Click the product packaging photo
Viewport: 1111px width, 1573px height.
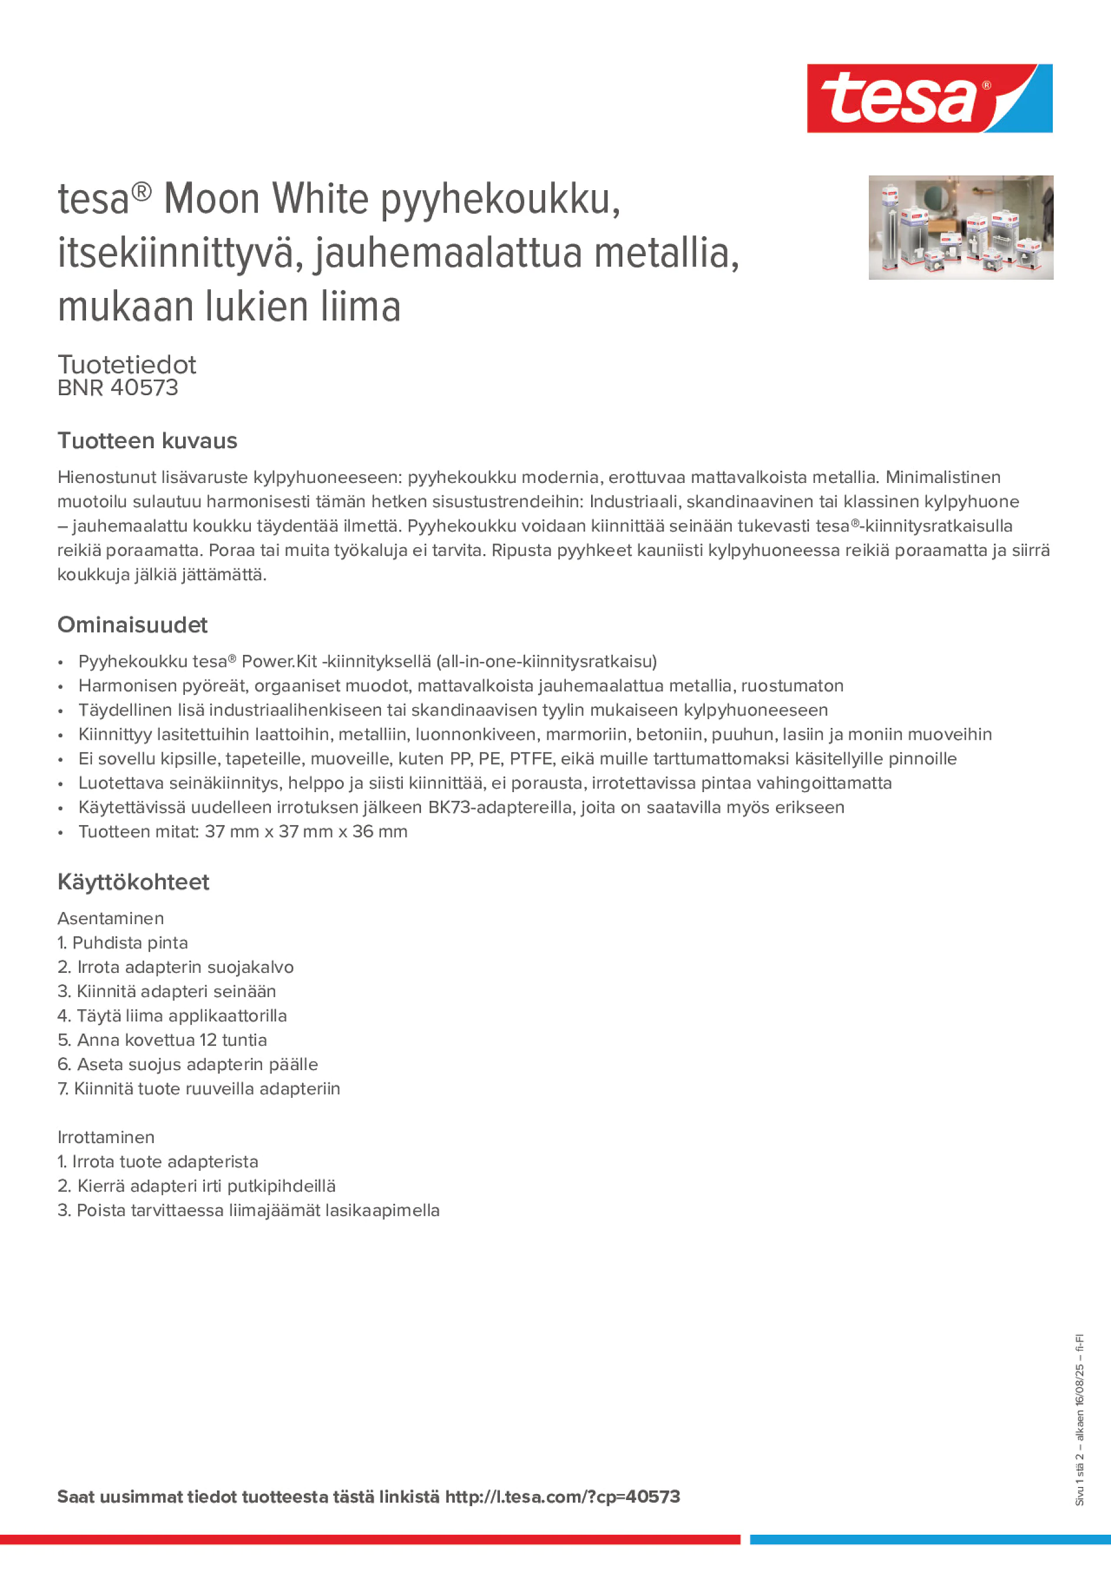click(x=960, y=227)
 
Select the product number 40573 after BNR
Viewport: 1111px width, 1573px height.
click(x=144, y=388)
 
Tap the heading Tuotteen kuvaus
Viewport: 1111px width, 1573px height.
click(x=147, y=441)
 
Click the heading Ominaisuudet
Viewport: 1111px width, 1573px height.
click(x=132, y=625)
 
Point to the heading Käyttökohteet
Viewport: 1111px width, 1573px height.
click(x=133, y=882)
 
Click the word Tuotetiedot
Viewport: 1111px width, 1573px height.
click(x=127, y=365)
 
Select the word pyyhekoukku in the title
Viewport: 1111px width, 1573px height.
click(x=500, y=200)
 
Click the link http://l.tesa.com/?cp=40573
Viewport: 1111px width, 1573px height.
click(x=562, y=1496)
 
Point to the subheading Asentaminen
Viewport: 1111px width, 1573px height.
click(x=110, y=918)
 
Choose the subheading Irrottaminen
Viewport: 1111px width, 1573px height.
click(x=105, y=1137)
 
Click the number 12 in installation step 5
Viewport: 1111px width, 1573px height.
click(x=208, y=1040)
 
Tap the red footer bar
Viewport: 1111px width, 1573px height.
click(x=370, y=1539)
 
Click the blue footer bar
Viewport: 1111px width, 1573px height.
click(x=930, y=1539)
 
